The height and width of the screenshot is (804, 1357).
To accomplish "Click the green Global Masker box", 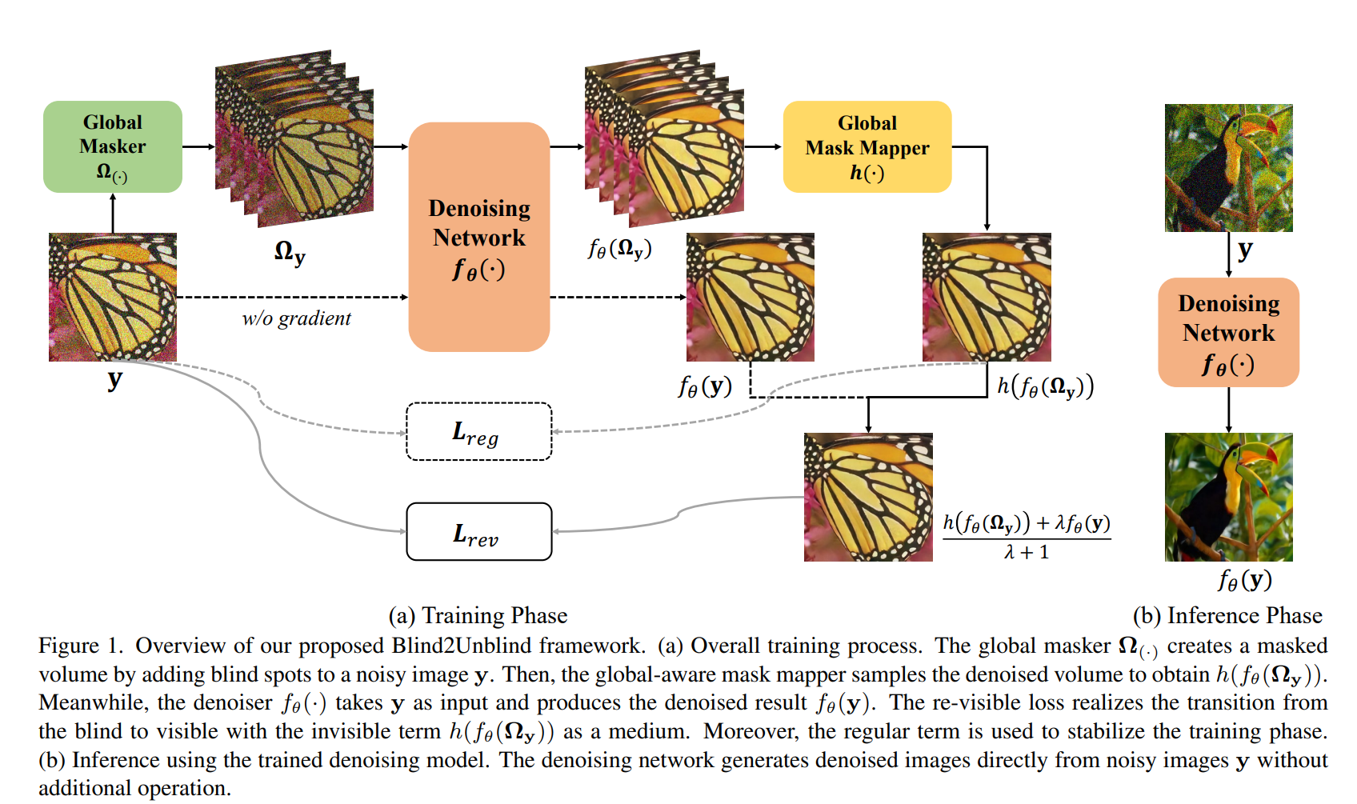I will tap(112, 146).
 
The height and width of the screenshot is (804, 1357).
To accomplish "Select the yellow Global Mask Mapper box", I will tap(867, 146).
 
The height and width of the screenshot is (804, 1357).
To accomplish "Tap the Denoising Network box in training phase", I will tap(478, 237).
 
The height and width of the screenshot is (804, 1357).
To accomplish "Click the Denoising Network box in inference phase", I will tap(1228, 332).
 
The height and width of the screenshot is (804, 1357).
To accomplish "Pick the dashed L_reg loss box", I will tap(478, 432).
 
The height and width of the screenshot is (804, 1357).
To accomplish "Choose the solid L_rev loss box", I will tap(478, 532).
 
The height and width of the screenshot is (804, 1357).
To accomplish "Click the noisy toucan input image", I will tap(1228, 168).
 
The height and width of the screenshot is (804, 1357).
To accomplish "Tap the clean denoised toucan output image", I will tap(1228, 497).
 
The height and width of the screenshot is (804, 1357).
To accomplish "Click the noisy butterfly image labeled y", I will tap(112, 297).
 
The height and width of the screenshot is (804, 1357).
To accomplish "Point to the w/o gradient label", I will tap(296, 318).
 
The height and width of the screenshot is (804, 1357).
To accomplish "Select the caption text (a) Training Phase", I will tap(478, 615).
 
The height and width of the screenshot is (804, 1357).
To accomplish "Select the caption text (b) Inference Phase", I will tap(1227, 615).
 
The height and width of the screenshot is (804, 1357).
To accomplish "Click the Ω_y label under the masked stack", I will tap(289, 253).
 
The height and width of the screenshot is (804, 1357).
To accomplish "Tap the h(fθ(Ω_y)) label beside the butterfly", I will tap(1044, 386).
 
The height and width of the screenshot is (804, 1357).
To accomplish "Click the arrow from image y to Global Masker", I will tap(113, 213).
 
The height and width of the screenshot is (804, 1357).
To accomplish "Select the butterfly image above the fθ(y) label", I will tap(750, 297).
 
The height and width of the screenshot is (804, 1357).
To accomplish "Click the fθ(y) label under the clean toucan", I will tap(1244, 579).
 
